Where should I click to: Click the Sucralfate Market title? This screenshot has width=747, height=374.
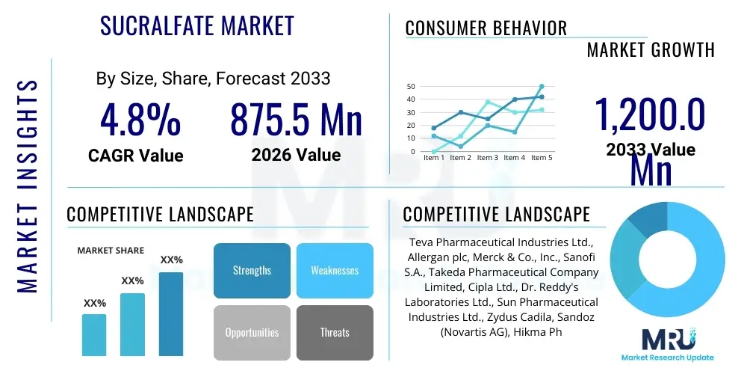tap(197, 26)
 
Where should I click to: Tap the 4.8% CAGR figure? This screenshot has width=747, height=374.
tap(140, 120)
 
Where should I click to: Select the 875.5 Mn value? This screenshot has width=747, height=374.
tap(296, 120)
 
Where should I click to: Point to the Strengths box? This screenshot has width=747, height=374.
tap(252, 270)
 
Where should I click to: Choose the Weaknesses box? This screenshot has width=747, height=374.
tap(335, 270)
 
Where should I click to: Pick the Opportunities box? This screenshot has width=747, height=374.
tap(252, 332)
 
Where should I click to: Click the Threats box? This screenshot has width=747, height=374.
tap(335, 332)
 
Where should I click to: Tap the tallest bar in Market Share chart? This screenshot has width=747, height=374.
tap(171, 313)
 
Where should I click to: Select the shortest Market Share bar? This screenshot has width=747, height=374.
tap(94, 334)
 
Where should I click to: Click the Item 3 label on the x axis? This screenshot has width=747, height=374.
tap(487, 158)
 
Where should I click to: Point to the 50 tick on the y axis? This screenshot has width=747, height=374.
tap(411, 87)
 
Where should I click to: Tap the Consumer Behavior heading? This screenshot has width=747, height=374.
tap(486, 28)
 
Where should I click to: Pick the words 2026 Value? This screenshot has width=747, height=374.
tap(296, 155)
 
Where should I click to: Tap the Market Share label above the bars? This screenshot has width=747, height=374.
tap(111, 251)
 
